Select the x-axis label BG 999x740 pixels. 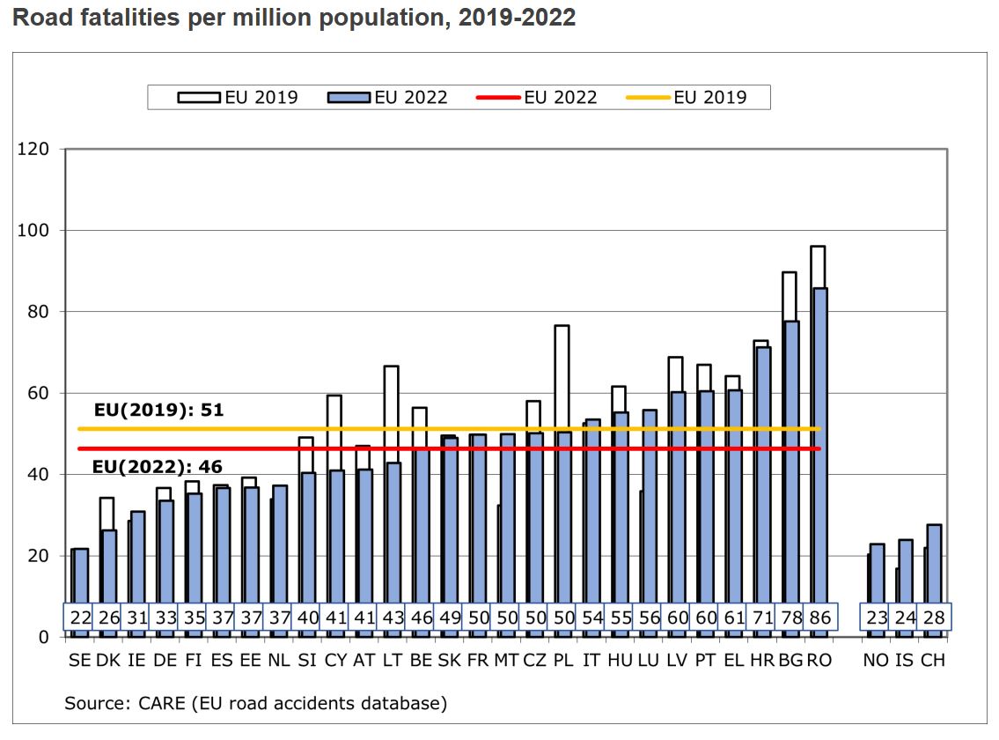(x=791, y=660)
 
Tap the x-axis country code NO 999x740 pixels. (x=876, y=660)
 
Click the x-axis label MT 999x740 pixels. (x=506, y=660)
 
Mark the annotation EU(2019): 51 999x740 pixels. (x=158, y=411)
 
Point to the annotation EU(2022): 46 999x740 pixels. (x=158, y=467)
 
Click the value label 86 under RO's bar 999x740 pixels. (x=819, y=618)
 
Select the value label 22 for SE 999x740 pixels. (x=80, y=618)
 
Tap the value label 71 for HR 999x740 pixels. (x=762, y=618)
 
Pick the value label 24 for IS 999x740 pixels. (x=905, y=618)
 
